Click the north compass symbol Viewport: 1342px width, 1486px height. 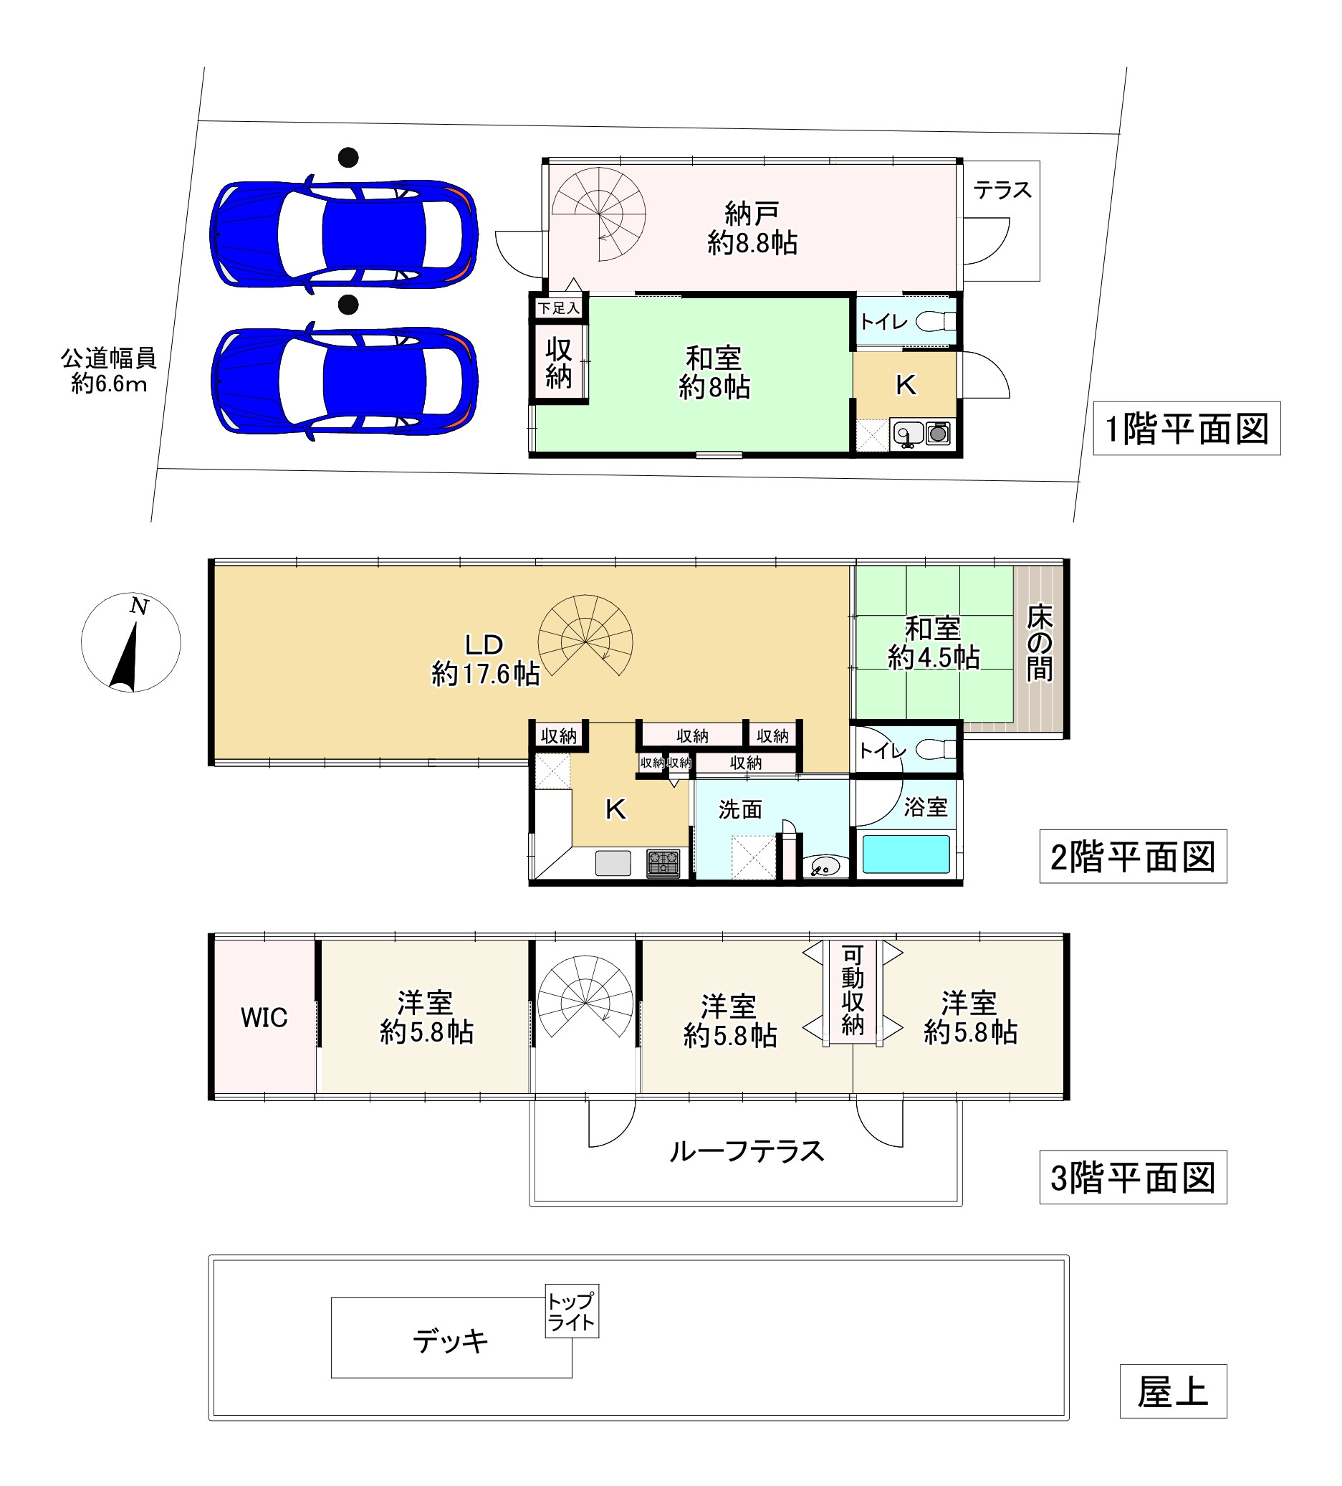click(130, 642)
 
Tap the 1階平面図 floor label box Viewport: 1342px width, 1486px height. click(1185, 428)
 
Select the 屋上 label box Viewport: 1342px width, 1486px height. click(1171, 1391)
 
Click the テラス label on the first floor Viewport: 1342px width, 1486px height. click(1002, 190)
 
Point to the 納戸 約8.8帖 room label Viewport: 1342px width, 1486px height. click(752, 228)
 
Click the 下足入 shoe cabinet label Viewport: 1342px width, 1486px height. click(558, 308)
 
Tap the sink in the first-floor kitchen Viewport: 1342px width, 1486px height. click(908, 434)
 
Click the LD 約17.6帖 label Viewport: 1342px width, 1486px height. click(484, 659)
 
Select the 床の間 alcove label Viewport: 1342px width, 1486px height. click(1039, 643)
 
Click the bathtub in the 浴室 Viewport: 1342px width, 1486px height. click(905, 854)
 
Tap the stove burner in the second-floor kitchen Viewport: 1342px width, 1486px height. click(663, 863)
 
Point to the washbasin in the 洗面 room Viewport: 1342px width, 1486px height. click(825, 866)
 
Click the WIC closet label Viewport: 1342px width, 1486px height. click(263, 1018)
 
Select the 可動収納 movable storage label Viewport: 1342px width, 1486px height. click(852, 991)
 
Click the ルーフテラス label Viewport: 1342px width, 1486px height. click(746, 1151)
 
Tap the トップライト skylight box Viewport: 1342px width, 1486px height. click(571, 1312)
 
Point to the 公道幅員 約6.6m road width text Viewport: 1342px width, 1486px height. click(108, 371)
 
